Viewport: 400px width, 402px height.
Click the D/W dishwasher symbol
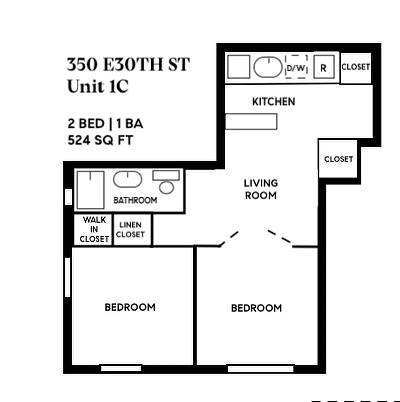pyautogui.click(x=296, y=67)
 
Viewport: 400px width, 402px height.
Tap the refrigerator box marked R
pyautogui.click(x=324, y=67)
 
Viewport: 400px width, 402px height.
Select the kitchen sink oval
pyautogui.click(x=268, y=67)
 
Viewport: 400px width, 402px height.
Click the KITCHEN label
pyautogui.click(x=273, y=102)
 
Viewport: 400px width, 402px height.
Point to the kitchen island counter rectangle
pyautogui.click(x=251, y=121)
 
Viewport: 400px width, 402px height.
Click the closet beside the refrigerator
pyautogui.click(x=356, y=67)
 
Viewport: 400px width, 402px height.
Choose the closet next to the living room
pyautogui.click(x=338, y=159)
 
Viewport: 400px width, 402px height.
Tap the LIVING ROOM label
pyautogui.click(x=261, y=189)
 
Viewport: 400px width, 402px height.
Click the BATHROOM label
pyautogui.click(x=135, y=200)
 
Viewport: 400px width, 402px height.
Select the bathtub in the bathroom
pyautogui.click(x=90, y=189)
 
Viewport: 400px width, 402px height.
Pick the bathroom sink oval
pyautogui.click(x=127, y=179)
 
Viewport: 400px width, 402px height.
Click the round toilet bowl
pyautogui.click(x=166, y=187)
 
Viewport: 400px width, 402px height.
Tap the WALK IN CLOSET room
pyautogui.click(x=94, y=229)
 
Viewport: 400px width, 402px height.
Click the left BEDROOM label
pyautogui.click(x=130, y=307)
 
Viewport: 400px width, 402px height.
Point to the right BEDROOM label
pyautogui.click(x=256, y=308)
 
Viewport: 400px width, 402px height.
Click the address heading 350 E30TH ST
pyautogui.click(x=129, y=65)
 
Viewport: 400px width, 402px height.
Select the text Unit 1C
pyautogui.click(x=98, y=86)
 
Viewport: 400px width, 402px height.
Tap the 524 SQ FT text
pyautogui.click(x=100, y=140)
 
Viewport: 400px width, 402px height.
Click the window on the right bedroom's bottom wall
pyautogui.click(x=260, y=369)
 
